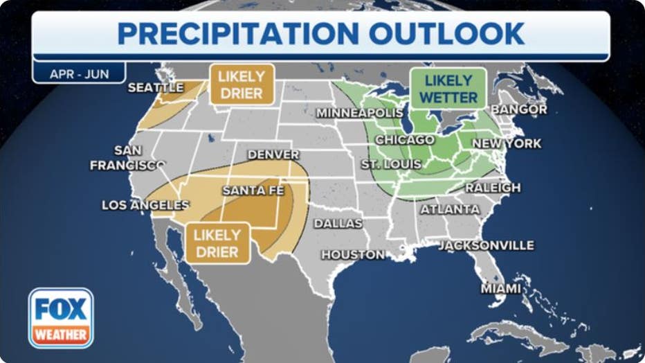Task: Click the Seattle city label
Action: [x=156, y=88]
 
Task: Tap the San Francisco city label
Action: [x=127, y=158]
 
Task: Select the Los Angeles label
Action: [x=145, y=205]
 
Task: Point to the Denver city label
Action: [x=273, y=154]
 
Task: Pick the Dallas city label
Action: [x=338, y=224]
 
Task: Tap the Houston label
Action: [x=353, y=255]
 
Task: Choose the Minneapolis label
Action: [x=360, y=113]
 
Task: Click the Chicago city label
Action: [x=404, y=140]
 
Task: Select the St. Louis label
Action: [x=391, y=164]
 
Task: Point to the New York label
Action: [x=507, y=143]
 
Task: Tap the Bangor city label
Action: [x=519, y=109]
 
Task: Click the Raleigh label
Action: [x=493, y=188]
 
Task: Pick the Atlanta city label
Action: [x=450, y=209]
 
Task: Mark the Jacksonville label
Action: [x=486, y=245]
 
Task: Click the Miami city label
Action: [x=502, y=287]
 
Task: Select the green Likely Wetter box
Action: [x=448, y=89]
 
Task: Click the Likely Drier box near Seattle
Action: [x=242, y=85]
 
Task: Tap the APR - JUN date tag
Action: [x=79, y=73]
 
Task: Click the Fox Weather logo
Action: [x=61, y=317]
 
